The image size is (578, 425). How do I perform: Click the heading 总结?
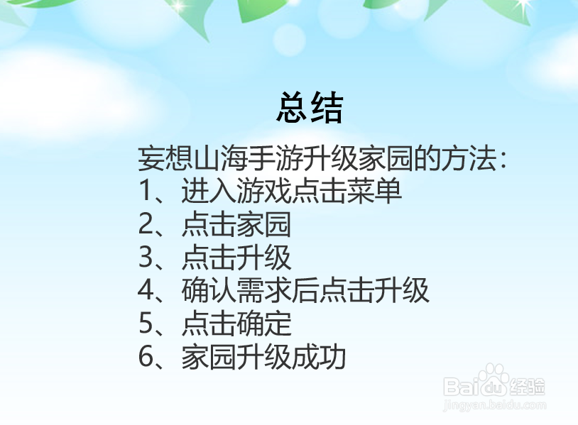(309, 109)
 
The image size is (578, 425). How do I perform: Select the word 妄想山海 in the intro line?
(182, 160)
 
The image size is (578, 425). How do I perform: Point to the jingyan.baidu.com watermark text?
(494, 407)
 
